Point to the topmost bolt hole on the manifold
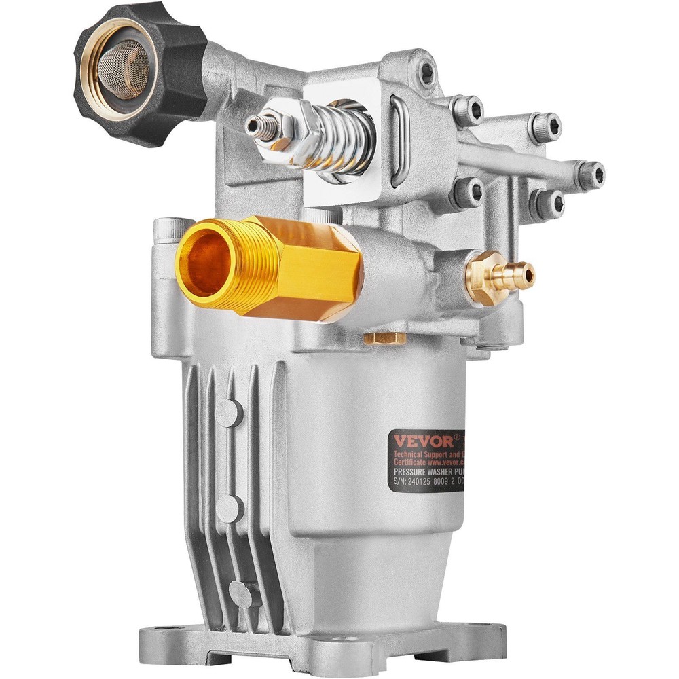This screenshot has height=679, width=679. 426,69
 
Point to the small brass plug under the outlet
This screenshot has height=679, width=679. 385,337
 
